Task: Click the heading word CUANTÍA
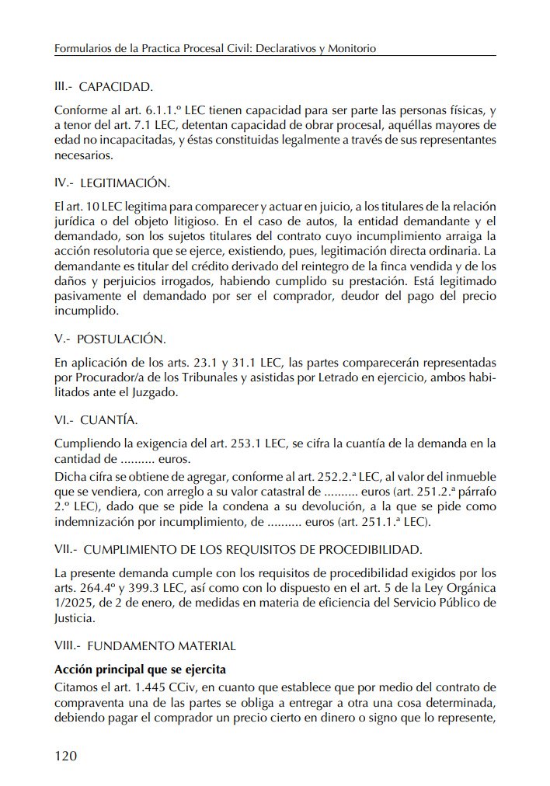(109, 420)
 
